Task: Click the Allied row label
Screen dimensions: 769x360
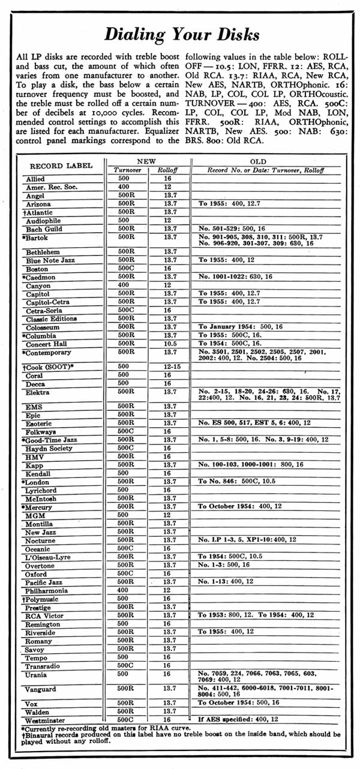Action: point(35,179)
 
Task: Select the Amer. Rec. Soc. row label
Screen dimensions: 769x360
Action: point(47,187)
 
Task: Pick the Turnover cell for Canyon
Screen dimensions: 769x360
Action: point(123,285)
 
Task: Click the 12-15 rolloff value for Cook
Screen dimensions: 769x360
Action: point(170,366)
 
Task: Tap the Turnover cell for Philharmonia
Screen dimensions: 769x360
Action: point(123,590)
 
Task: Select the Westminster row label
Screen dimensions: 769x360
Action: point(46,719)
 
